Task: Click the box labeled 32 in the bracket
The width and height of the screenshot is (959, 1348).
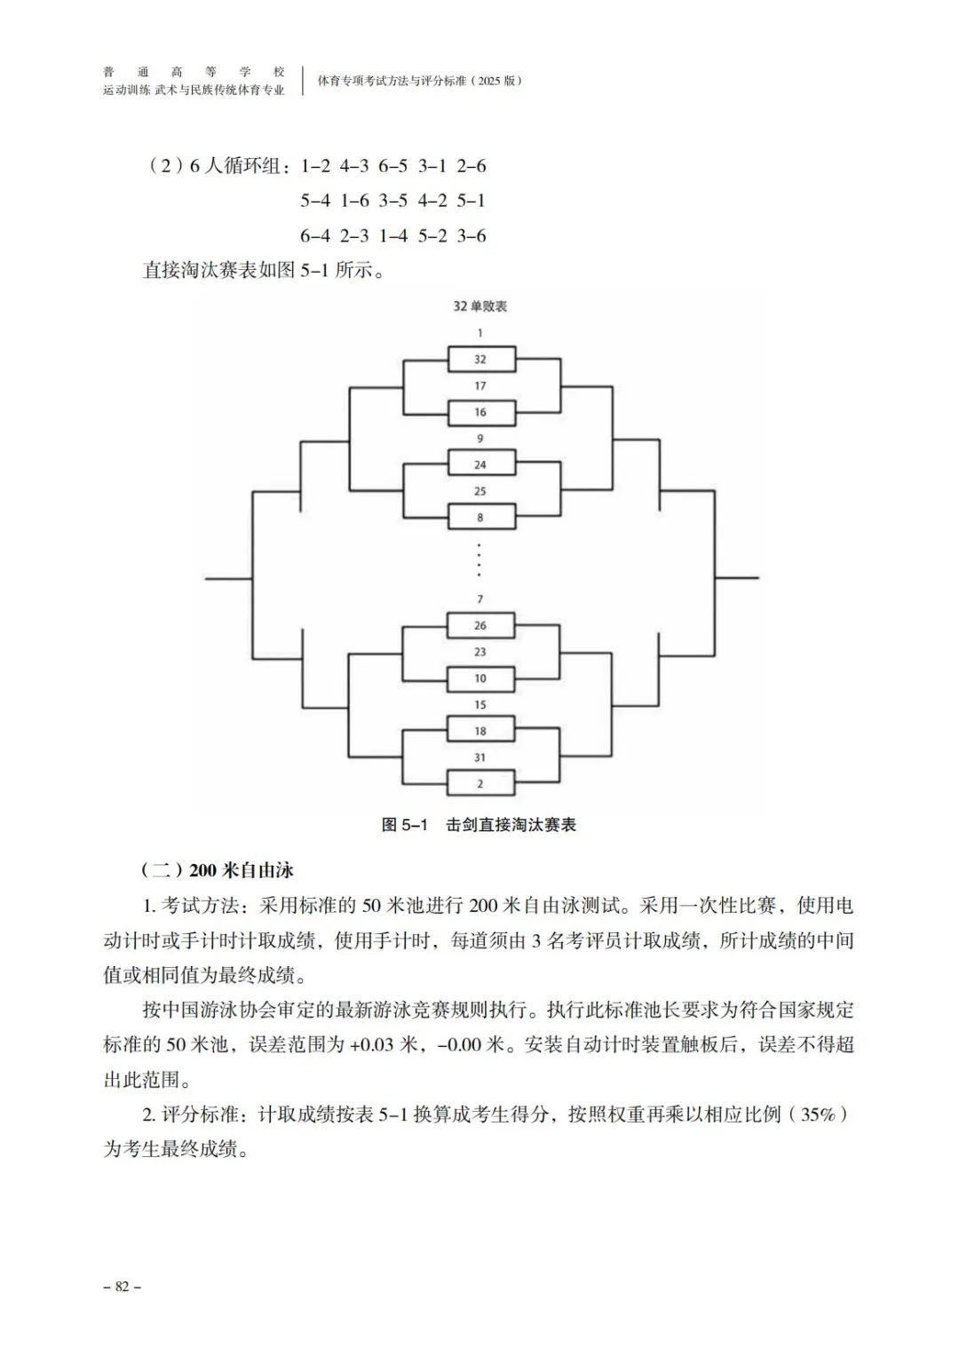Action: pyautogui.click(x=480, y=360)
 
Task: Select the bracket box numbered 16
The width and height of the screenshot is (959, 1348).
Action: pyautogui.click(x=480, y=412)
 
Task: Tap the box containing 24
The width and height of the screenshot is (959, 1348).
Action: pyautogui.click(x=480, y=464)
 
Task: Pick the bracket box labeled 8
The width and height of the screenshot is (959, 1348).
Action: pyautogui.click(x=480, y=518)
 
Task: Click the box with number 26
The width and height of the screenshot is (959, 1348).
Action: pyautogui.click(x=480, y=625)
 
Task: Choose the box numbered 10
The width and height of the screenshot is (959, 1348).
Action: pyautogui.click(x=480, y=678)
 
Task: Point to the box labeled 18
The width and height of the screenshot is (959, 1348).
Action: pyautogui.click(x=480, y=731)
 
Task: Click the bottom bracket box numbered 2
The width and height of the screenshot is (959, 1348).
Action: pyautogui.click(x=480, y=784)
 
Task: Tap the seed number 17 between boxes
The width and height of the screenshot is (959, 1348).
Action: pyautogui.click(x=480, y=386)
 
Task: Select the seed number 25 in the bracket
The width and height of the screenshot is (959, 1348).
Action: pyautogui.click(x=480, y=491)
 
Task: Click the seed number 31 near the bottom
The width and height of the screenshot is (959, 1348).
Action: pyautogui.click(x=480, y=757)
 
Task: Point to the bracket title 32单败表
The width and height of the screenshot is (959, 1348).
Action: pyautogui.click(x=480, y=306)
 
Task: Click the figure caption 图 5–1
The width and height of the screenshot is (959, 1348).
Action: pyautogui.click(x=404, y=825)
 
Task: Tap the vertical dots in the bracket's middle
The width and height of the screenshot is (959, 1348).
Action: pyautogui.click(x=480, y=559)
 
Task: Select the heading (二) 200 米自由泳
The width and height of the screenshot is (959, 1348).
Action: pyautogui.click(x=218, y=869)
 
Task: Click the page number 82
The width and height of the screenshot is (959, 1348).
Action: pyautogui.click(x=123, y=1287)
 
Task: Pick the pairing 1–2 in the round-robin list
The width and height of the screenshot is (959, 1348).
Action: pyautogui.click(x=315, y=166)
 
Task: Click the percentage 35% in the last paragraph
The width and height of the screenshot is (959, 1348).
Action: pyautogui.click(x=818, y=1114)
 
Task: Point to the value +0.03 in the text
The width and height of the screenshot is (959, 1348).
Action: pyautogui.click(x=371, y=1045)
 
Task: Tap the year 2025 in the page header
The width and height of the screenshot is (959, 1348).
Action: pyautogui.click(x=488, y=81)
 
